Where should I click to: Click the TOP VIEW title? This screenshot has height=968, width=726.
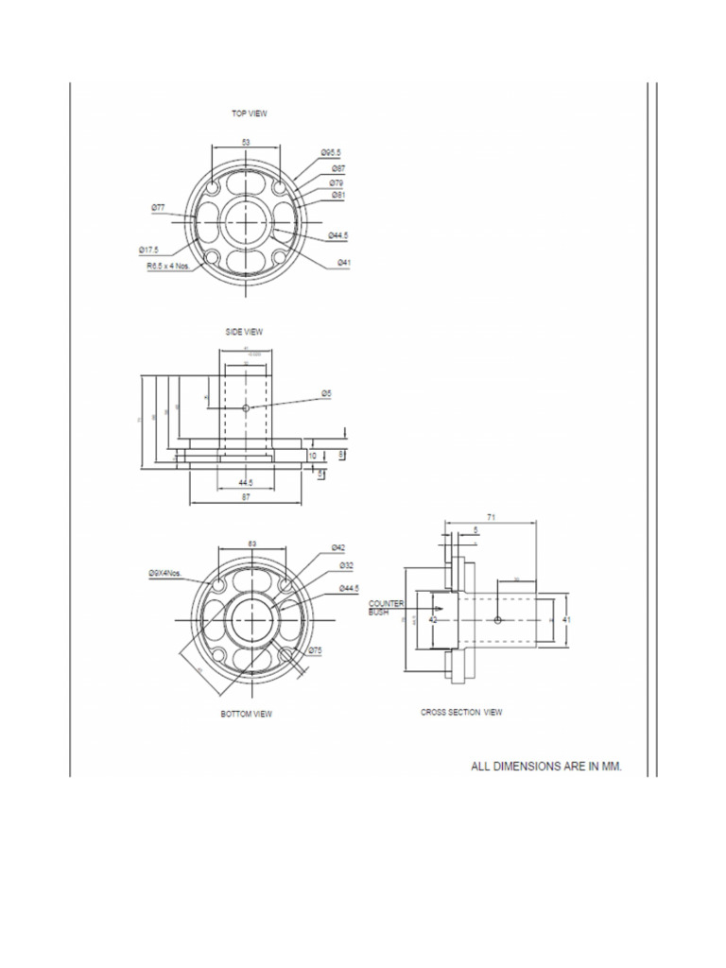coord(250,112)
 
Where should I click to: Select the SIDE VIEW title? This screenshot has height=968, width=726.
coord(244,332)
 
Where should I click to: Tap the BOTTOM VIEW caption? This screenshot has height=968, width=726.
coord(246,714)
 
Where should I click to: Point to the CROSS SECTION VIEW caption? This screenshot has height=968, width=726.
coord(461,712)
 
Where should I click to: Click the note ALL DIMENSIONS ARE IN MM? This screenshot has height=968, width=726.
coord(546,767)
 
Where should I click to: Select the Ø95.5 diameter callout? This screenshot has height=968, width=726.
coord(331,152)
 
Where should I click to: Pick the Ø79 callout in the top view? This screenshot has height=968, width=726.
coord(337,182)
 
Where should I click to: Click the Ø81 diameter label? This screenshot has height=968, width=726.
coord(338,195)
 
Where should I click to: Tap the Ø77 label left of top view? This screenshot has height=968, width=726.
coord(158,205)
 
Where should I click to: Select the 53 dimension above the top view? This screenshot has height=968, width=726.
coord(246,141)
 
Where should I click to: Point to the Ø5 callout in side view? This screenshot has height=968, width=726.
coord(326,392)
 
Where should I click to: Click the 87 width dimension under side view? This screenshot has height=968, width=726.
coord(246,496)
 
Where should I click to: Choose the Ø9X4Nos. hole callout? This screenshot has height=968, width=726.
coord(165,573)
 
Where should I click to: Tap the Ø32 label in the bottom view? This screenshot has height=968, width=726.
coord(347,564)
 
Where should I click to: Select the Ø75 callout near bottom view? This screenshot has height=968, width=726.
coord(316,650)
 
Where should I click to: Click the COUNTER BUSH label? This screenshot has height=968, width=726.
coord(385,607)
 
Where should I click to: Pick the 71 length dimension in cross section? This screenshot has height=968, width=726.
coord(492,518)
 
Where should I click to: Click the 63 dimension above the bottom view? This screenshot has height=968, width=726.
coord(252,544)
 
